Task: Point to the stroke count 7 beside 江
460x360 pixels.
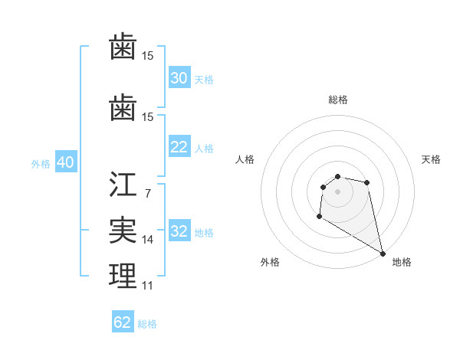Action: coord(147,193)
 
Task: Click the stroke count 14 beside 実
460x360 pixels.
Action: coord(147,240)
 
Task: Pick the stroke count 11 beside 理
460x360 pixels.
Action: coord(147,286)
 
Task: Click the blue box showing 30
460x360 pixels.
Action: coord(179,78)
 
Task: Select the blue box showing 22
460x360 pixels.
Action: coord(179,147)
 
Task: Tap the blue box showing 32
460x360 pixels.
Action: coord(179,232)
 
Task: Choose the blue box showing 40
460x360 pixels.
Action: coord(65,163)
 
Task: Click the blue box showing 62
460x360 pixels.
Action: coord(123,322)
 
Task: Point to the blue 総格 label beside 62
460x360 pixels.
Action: coord(147,324)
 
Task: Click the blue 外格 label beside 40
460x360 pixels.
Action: coord(41,164)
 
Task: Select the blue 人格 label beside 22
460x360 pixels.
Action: coord(204,149)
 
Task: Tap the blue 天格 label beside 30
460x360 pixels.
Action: coord(204,80)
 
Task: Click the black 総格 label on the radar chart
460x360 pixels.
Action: coord(337,100)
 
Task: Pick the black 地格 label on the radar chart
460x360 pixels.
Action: coord(402,262)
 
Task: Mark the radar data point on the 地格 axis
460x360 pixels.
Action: coord(383,254)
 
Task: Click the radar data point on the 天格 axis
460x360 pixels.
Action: coord(367,182)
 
